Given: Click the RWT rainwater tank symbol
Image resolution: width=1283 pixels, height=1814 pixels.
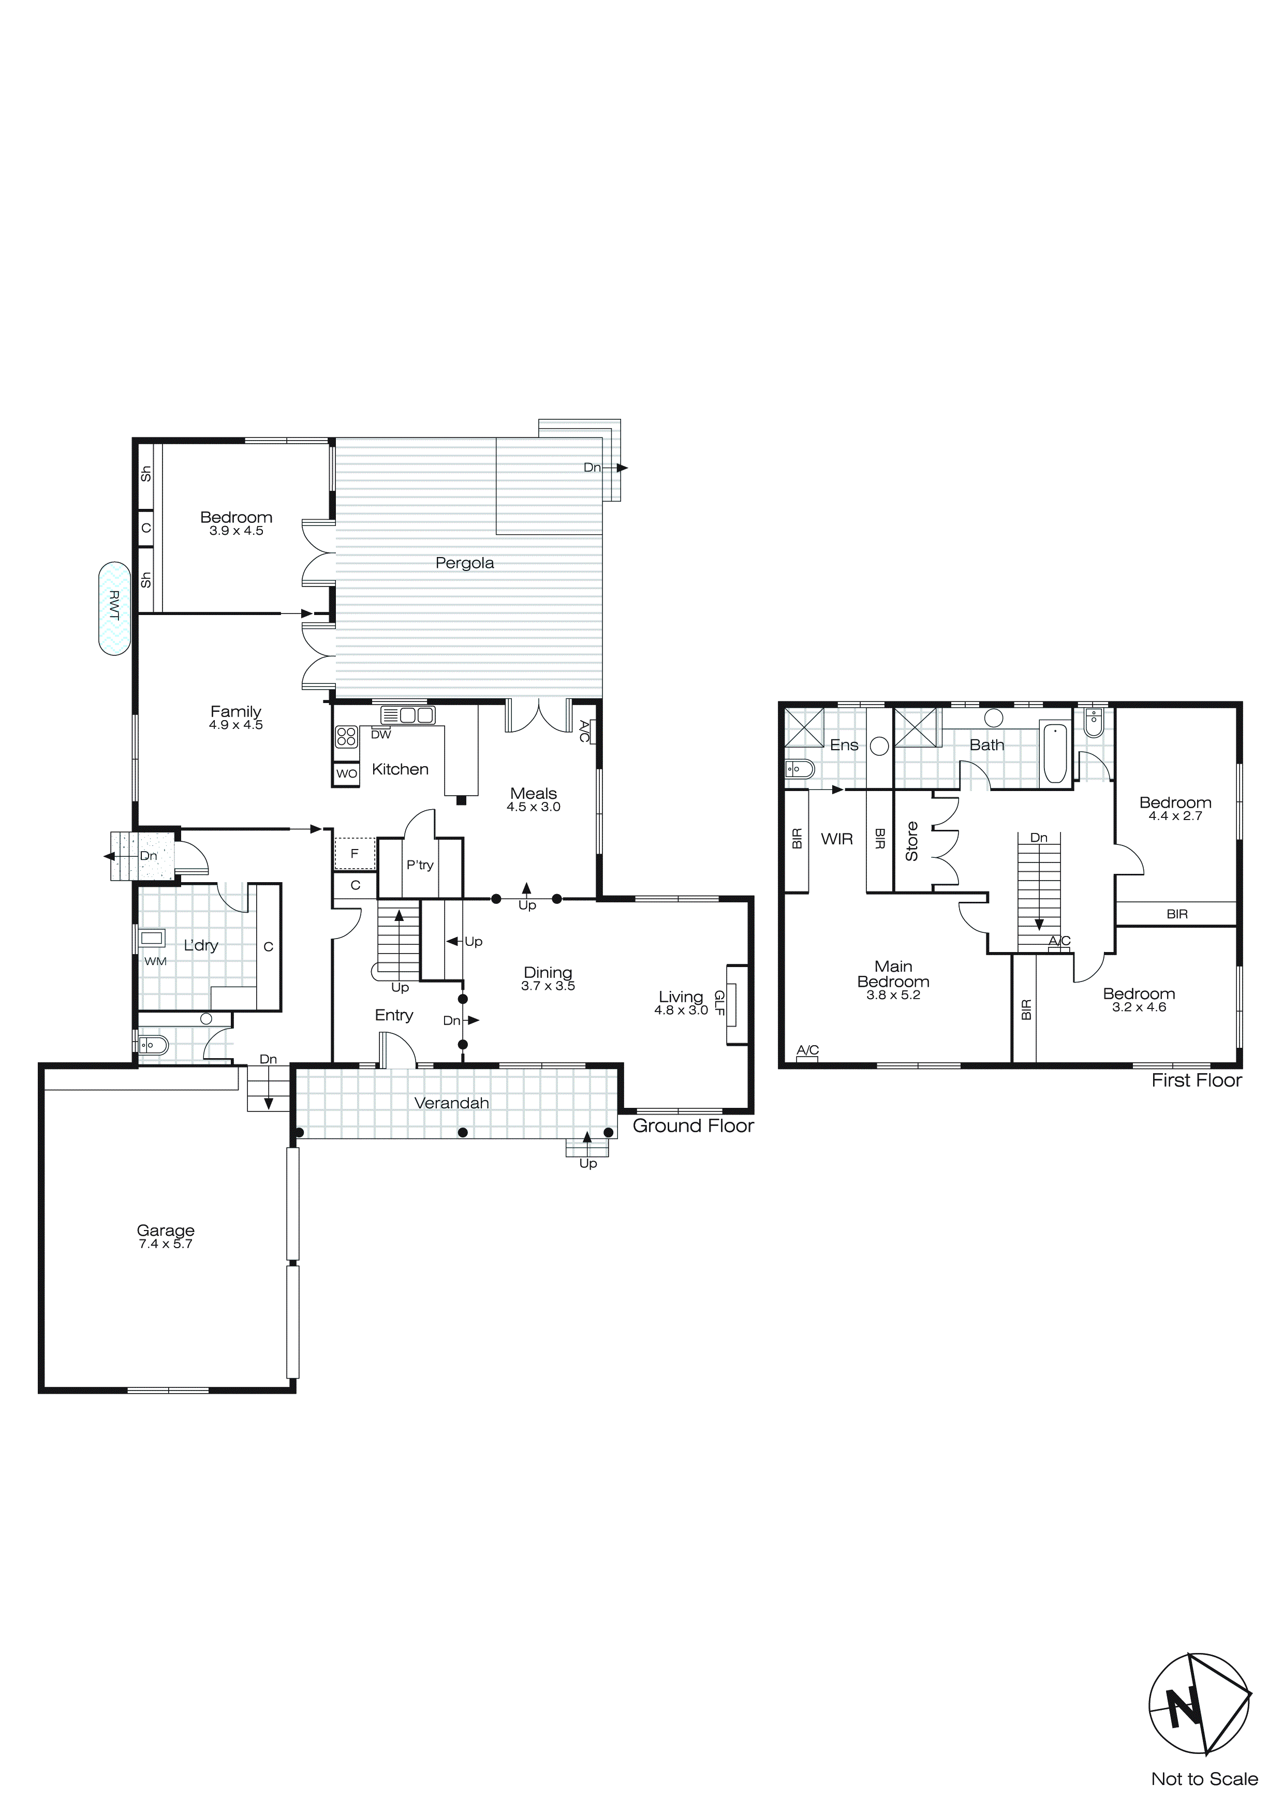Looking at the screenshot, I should (114, 608).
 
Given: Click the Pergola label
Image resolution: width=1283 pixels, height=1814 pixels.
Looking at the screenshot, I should (465, 563).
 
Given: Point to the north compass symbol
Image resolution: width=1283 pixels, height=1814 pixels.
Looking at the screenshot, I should (1199, 1711).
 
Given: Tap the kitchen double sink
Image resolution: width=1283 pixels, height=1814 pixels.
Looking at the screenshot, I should (408, 716).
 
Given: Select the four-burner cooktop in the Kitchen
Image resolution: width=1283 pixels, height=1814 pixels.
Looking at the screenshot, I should (346, 737).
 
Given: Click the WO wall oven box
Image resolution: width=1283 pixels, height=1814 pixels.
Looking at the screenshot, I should (346, 773).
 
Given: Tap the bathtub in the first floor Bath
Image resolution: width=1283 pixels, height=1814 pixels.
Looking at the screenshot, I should (1055, 752).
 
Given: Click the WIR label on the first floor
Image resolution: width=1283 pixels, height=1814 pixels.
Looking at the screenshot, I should (837, 839).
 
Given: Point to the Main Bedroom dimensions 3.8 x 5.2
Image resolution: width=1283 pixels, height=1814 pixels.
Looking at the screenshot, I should (893, 996).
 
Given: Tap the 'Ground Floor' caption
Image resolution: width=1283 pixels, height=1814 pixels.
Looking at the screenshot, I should (693, 1126).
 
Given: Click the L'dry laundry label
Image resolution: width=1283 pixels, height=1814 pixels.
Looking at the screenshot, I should (201, 946).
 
